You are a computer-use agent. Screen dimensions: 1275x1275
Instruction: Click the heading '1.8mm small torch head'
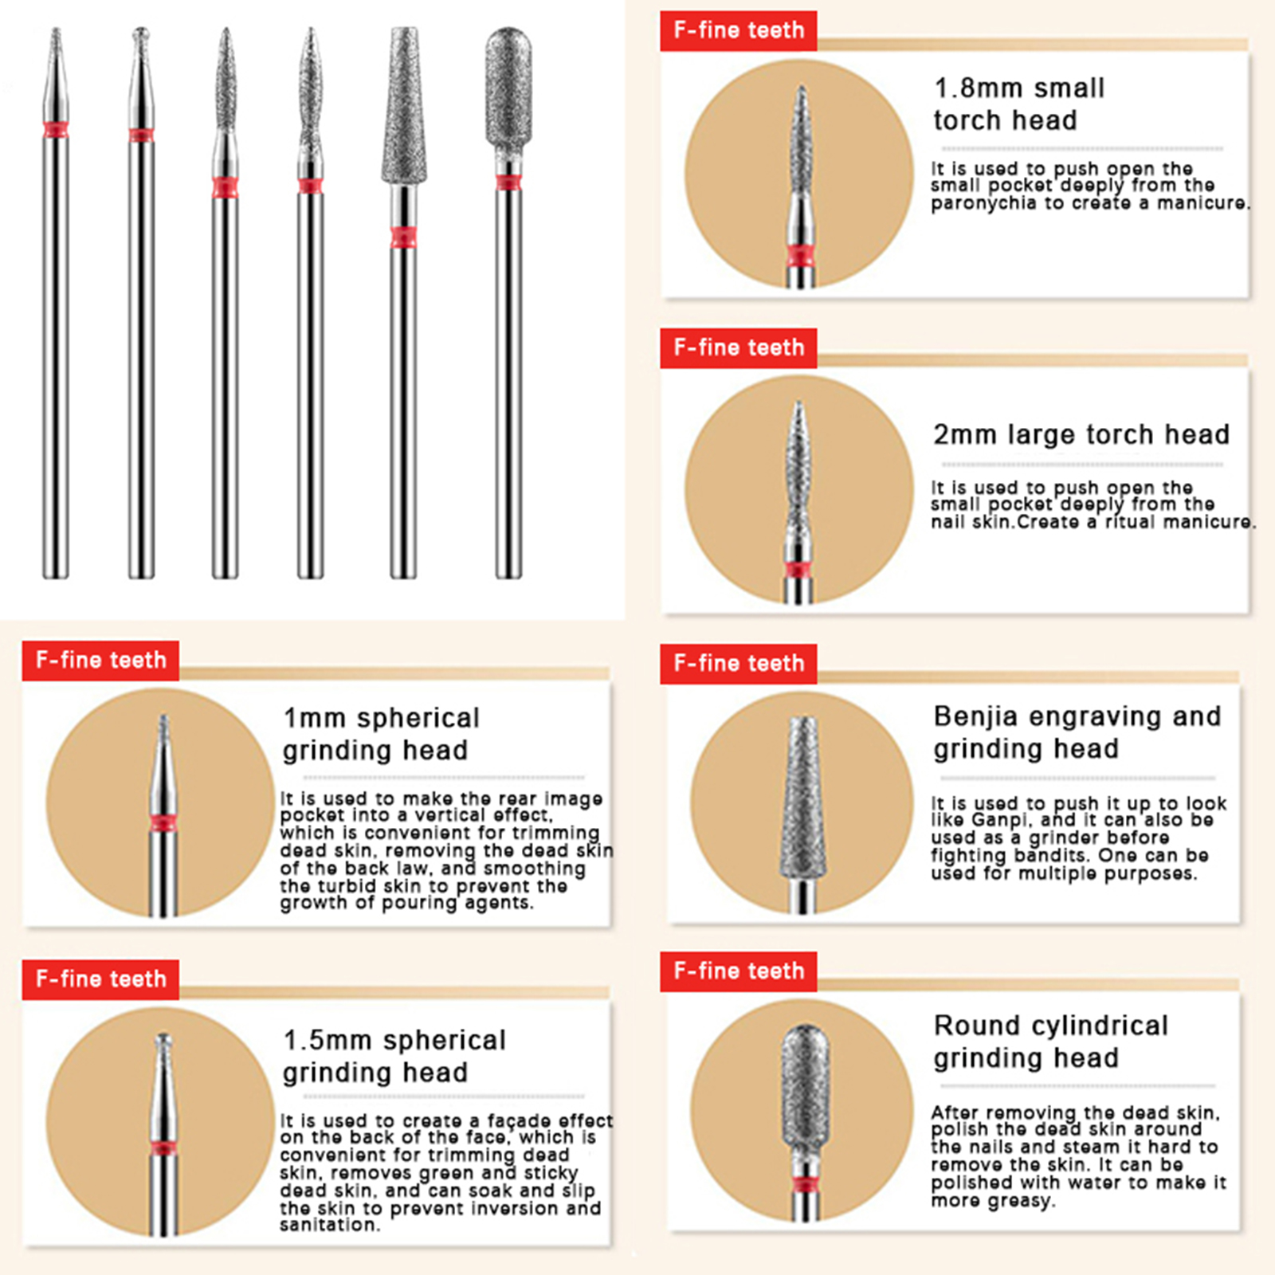pos(1019,104)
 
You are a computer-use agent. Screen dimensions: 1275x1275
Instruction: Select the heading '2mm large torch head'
pos(1081,434)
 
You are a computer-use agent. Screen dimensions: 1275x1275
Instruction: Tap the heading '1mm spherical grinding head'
pos(381,734)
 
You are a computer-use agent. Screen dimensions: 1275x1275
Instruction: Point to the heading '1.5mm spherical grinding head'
pos(394,1056)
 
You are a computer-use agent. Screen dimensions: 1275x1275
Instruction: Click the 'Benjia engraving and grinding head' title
pos(1077,732)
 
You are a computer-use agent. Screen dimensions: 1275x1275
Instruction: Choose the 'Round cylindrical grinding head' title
pos(1051,1041)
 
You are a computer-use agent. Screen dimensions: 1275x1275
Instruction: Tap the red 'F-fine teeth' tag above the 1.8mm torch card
pos(739,30)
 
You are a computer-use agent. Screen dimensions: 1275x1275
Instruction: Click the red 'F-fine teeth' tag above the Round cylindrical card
pos(739,971)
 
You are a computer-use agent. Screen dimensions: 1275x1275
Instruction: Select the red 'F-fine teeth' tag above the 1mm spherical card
pos(100,660)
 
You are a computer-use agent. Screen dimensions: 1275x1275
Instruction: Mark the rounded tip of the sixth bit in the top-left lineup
pos(508,29)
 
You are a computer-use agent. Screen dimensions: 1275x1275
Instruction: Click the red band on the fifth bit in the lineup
pos(403,237)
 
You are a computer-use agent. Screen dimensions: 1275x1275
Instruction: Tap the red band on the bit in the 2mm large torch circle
pos(798,569)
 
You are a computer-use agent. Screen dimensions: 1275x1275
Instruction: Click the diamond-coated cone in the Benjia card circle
pos(803,797)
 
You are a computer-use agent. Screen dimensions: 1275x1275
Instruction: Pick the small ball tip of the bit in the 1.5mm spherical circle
pos(163,1040)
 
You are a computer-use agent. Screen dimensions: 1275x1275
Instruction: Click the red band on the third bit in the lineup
pos(226,188)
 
